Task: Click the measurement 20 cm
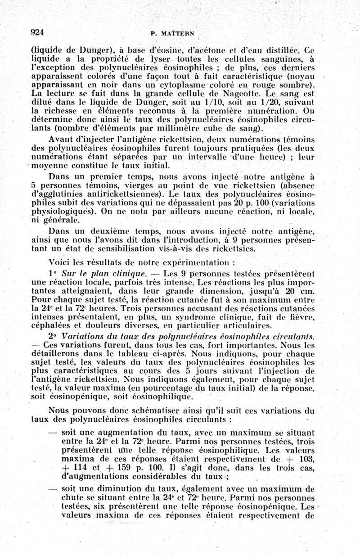pyautogui.click(x=295, y=291)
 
